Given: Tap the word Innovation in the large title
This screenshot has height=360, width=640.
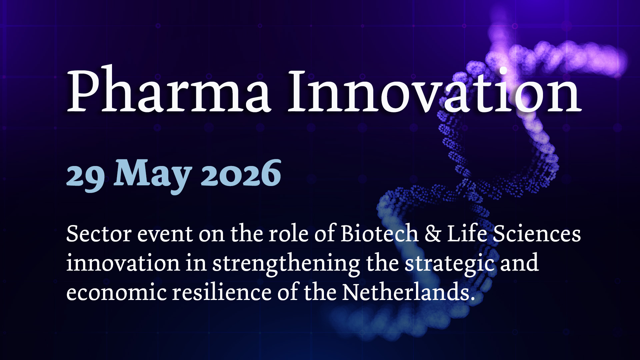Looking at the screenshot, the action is [435, 90].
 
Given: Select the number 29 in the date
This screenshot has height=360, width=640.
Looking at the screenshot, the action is [86, 177].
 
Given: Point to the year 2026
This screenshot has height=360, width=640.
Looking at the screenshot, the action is [241, 173].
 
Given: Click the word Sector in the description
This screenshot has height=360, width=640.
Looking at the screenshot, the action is [99, 234].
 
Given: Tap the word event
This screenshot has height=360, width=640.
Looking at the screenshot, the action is [165, 235].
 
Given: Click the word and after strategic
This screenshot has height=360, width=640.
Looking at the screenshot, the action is [519, 263].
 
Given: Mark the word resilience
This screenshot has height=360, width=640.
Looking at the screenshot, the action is [222, 292].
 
